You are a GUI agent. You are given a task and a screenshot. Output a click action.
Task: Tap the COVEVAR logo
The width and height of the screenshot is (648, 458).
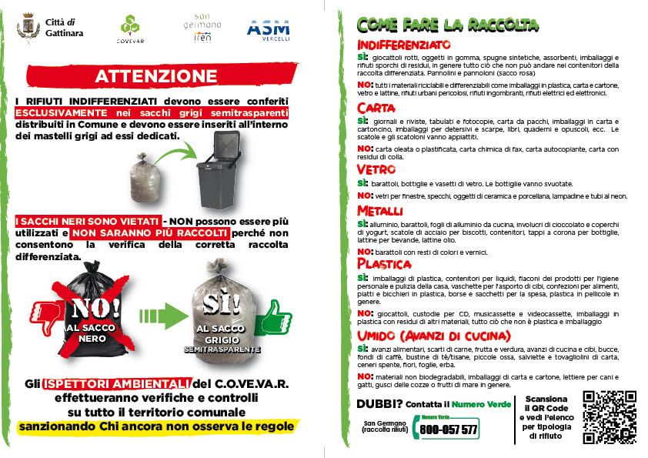(x=129, y=29)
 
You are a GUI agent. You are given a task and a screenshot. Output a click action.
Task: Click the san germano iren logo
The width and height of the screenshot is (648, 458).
(x=202, y=28)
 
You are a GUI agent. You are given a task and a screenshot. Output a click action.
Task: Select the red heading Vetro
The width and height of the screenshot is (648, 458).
(x=376, y=169)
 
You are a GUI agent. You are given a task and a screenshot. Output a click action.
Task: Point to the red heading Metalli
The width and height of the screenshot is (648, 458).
(x=379, y=210)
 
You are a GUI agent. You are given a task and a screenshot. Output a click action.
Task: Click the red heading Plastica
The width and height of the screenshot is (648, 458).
(x=383, y=264)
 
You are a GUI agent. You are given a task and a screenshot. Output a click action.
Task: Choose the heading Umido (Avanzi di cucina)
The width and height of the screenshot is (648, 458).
(x=434, y=336)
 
